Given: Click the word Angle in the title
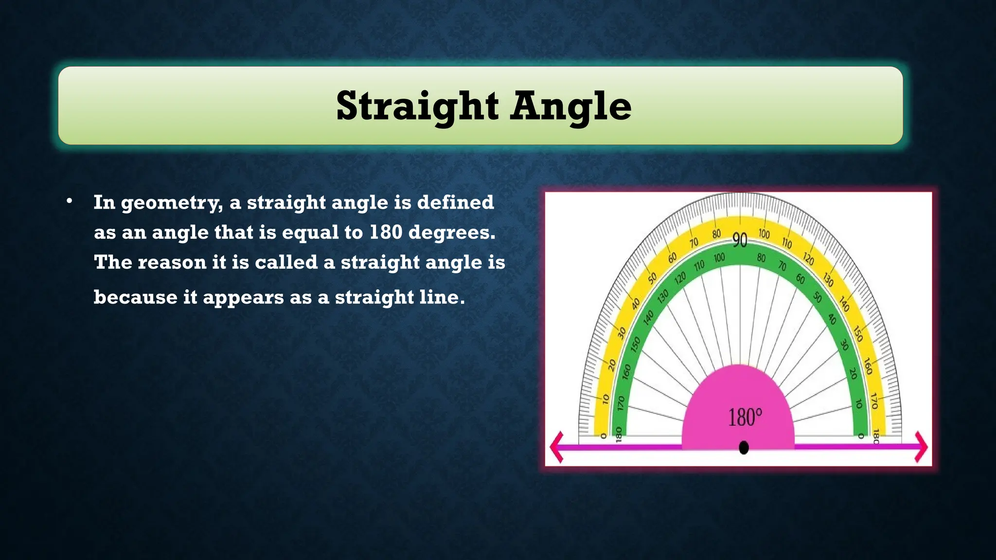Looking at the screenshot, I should tap(571, 106).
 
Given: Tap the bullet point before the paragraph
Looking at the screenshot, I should tap(70, 201).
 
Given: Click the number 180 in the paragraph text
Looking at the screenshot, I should tap(385, 232).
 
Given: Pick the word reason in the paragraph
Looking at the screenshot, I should tap(172, 263).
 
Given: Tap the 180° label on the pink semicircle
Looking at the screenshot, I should tap(745, 418).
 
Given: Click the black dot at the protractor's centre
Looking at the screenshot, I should tap(744, 448).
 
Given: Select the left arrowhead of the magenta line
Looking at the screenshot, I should tap(557, 447).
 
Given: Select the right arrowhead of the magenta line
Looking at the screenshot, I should tap(921, 447).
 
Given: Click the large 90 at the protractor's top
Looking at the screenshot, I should tap(740, 240).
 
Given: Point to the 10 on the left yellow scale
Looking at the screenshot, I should tap(605, 399).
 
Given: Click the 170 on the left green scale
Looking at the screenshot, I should tap(621, 403).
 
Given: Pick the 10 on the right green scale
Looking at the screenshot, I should tap(859, 403).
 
